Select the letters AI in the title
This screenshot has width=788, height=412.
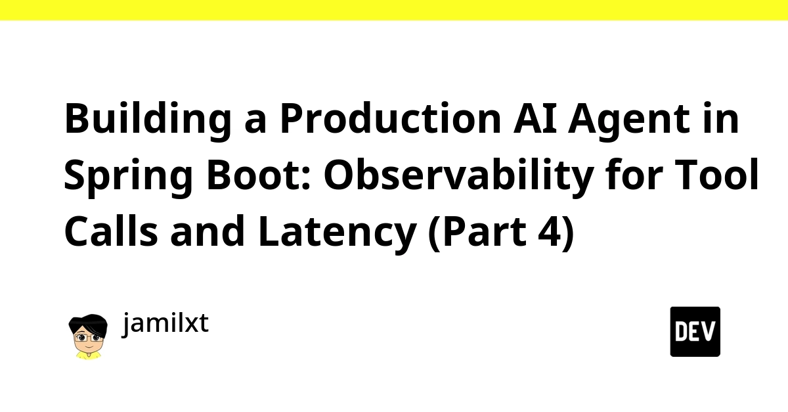pyautogui.click(x=535, y=118)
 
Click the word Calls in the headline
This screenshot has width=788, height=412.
pyautogui.click(x=111, y=231)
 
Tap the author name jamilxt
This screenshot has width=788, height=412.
pyautogui.click(x=165, y=323)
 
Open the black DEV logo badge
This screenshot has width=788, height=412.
pyautogui.click(x=695, y=332)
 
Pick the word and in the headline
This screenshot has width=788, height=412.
pyautogui.click(x=208, y=231)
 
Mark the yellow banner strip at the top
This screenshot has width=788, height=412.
pyautogui.click(x=394, y=11)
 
